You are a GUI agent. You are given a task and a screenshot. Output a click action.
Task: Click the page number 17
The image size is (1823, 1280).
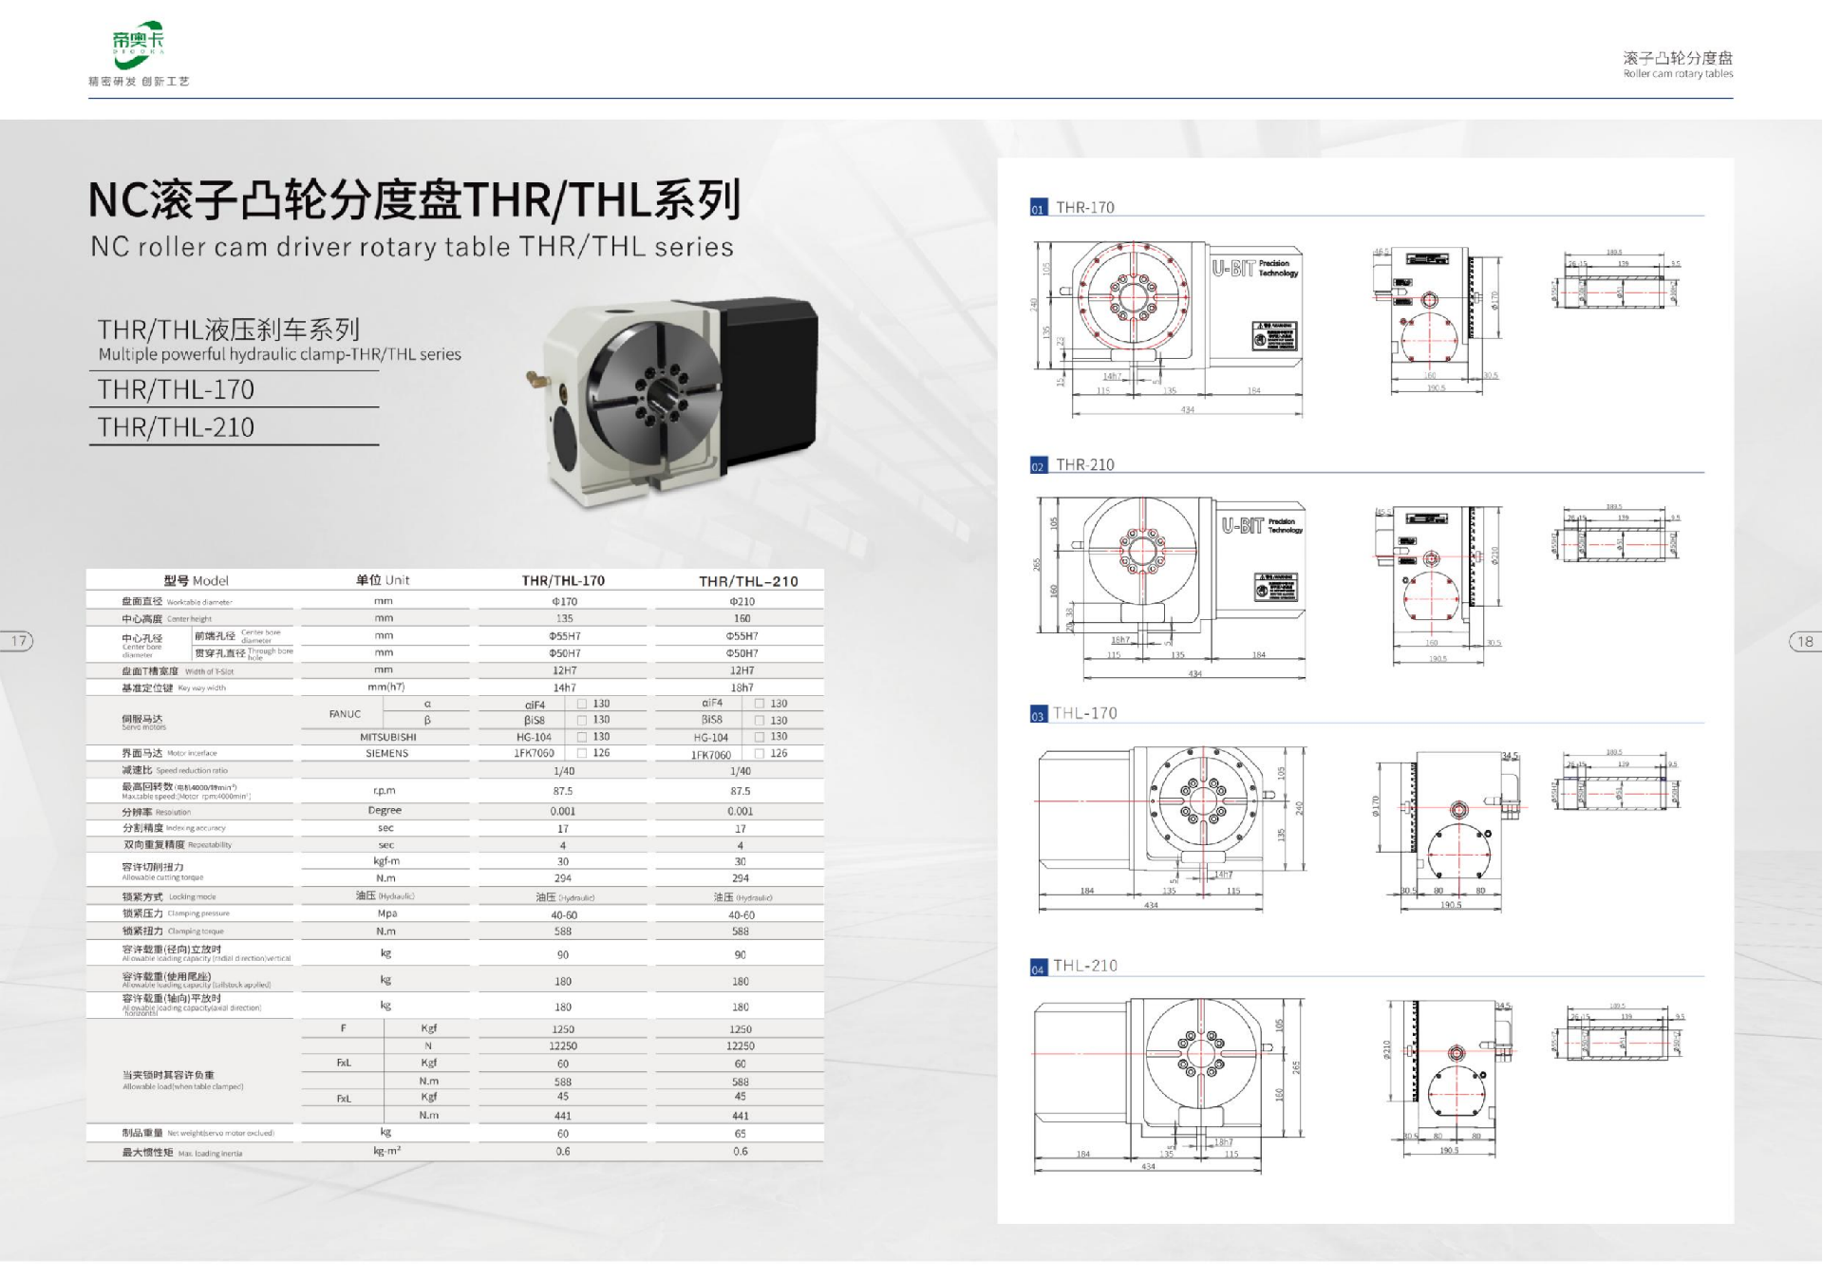[18, 641]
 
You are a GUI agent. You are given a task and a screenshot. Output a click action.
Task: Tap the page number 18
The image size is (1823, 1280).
[1805, 641]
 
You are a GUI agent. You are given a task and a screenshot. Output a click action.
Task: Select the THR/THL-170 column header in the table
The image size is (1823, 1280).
[563, 580]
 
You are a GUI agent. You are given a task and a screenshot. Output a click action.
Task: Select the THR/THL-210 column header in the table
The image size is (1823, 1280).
[748, 581]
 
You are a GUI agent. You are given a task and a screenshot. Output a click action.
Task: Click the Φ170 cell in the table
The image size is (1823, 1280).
[564, 601]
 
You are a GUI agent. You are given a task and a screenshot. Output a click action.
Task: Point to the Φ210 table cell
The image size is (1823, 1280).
[742, 601]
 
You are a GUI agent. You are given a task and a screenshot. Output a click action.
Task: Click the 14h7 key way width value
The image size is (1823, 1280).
[564, 687]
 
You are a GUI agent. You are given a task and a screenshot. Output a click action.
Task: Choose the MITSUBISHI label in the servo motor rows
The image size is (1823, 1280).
[387, 737]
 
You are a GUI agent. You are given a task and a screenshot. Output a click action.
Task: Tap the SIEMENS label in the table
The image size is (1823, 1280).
[386, 753]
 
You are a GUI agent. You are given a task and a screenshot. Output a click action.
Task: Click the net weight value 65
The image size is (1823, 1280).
[740, 1134]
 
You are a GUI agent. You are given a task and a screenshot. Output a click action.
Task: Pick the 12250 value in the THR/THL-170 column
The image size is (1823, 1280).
[563, 1045]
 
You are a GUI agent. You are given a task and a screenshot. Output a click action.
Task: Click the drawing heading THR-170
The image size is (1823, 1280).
[1084, 207]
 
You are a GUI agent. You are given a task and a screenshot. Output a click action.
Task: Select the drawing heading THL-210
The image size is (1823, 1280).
[1085, 966]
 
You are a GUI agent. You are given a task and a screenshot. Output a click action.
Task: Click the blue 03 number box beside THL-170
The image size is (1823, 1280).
[1038, 716]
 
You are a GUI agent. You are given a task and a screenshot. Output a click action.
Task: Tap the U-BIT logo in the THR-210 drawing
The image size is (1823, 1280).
[1243, 525]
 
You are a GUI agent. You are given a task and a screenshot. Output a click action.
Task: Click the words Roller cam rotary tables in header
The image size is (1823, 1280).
[1677, 74]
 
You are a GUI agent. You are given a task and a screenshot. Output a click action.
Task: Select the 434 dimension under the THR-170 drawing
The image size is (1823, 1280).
[1187, 410]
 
